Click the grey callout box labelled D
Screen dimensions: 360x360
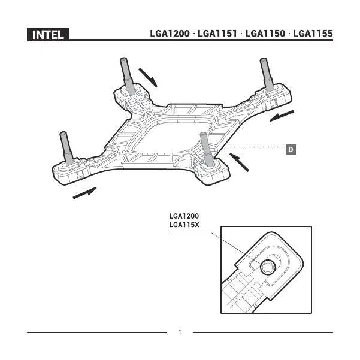[290, 147]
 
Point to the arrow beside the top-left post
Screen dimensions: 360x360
[147, 77]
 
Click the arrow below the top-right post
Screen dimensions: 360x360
[282, 115]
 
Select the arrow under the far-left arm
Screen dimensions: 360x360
[84, 193]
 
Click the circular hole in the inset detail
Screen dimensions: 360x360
[267, 265]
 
